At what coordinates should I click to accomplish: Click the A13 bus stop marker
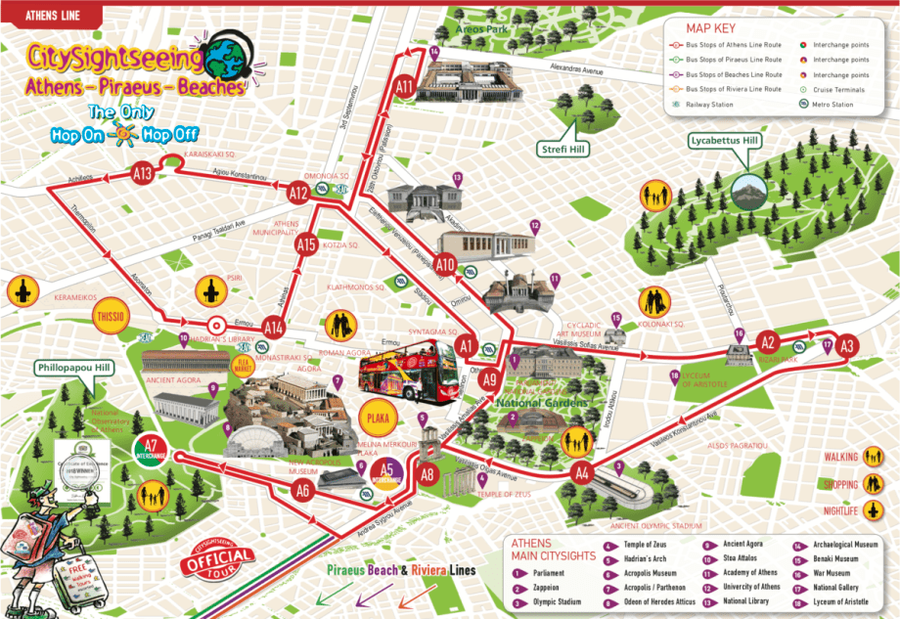pyautogui.click(x=143, y=175)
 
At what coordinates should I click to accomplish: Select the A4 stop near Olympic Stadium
pyautogui.click(x=582, y=474)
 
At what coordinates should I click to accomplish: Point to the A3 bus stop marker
pyautogui.click(x=847, y=345)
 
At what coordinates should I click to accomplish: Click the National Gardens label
pyautogui.click(x=542, y=403)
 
